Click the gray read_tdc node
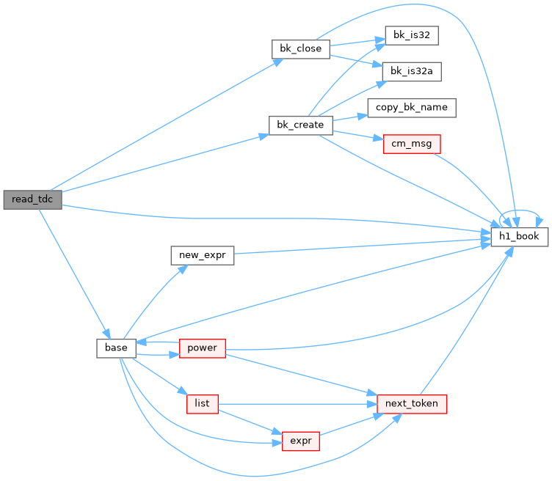coord(33,199)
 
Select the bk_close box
coord(301,49)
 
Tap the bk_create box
coord(301,125)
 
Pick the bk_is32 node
coord(412,35)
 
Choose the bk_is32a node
coord(412,71)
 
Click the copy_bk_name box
coord(412,108)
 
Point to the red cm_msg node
coord(412,144)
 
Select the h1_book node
coord(519,237)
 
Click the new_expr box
coord(203,255)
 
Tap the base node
coord(116,348)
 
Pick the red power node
coord(203,348)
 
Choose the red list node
coord(203,404)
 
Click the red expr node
coord(301,441)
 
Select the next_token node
coord(412,404)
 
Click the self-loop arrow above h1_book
coord(520,210)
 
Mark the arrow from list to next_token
coord(298,404)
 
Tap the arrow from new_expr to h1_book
coord(363,246)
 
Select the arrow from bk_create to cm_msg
coord(358,136)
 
